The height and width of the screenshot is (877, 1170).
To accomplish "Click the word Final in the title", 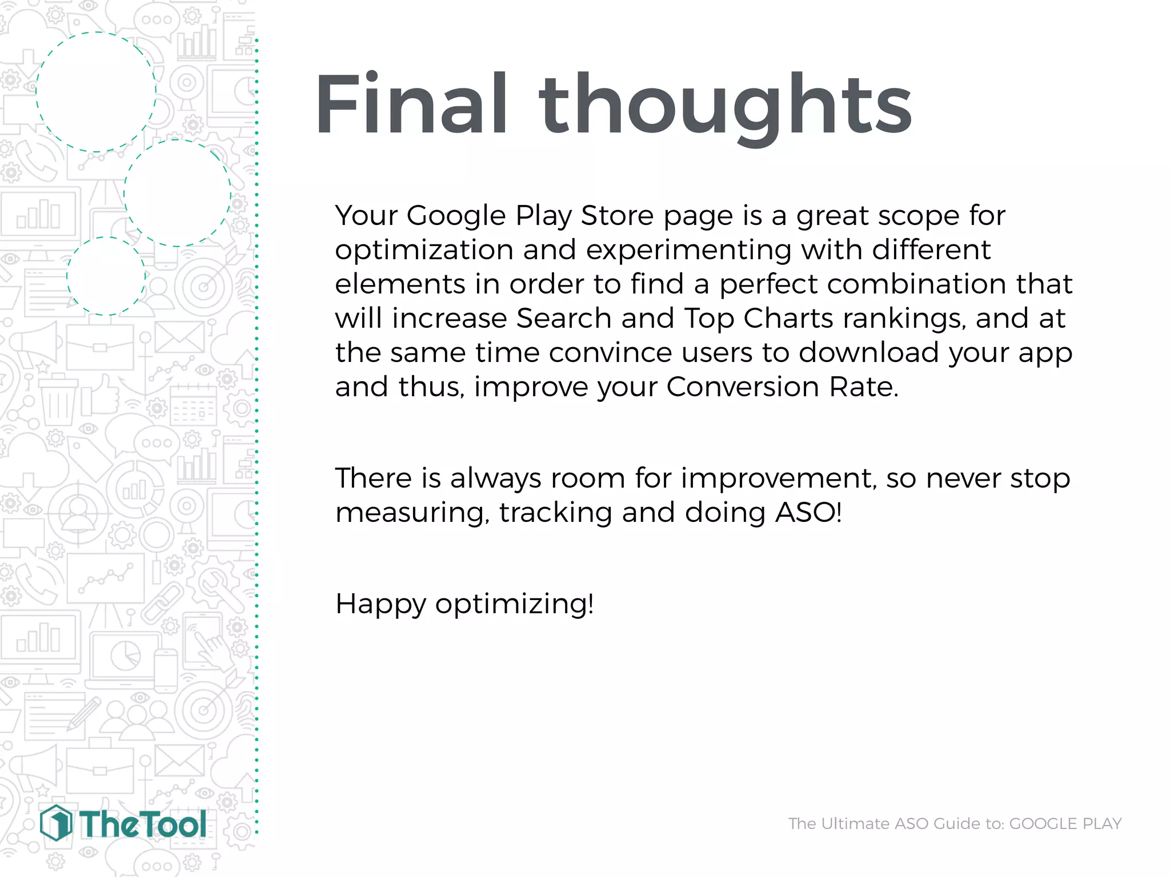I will [x=410, y=104].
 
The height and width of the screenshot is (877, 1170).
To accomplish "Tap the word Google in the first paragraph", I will [x=456, y=216].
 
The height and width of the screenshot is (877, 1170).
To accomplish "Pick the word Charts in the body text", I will [x=788, y=318].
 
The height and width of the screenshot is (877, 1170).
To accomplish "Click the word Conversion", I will [x=743, y=387].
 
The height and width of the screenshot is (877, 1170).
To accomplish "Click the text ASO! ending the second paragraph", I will [x=808, y=512].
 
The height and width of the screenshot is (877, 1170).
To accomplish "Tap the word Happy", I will [x=380, y=604].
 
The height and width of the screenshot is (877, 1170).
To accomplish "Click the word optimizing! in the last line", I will [x=514, y=604].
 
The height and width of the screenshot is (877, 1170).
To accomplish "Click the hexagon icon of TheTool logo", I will [x=56, y=823].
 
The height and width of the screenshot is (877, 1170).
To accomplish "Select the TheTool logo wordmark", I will [x=142, y=824].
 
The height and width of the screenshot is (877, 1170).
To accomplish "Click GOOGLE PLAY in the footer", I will [x=1065, y=823].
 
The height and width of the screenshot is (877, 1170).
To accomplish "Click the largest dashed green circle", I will [x=96, y=92].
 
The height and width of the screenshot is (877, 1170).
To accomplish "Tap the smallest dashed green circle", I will [x=106, y=276].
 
